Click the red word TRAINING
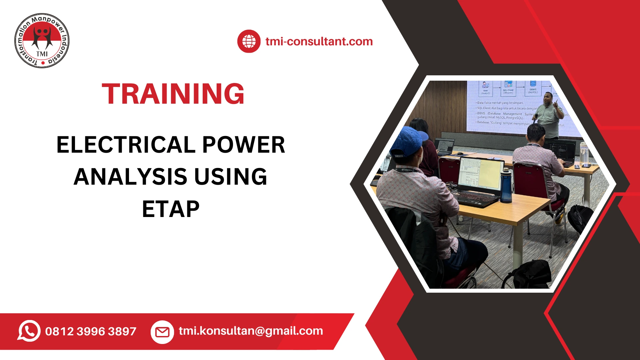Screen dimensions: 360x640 pos(173,94)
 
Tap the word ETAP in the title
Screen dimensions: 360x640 pos(171,209)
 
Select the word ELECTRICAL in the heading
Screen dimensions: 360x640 pos(126,145)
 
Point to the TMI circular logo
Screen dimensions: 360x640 pos(42,41)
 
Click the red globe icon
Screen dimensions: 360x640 pos(249,41)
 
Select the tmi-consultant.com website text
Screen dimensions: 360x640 pos(319,41)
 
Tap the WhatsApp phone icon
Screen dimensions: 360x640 pos(29,331)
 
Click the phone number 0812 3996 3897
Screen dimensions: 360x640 pos(91,331)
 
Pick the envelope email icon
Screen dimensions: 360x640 pos(162,332)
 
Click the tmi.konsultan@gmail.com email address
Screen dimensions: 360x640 pos(251,331)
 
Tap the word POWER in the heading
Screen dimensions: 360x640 pos(244,145)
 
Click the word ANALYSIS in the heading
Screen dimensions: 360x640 pos(130,177)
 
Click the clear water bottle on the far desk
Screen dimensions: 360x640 pos(583,153)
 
